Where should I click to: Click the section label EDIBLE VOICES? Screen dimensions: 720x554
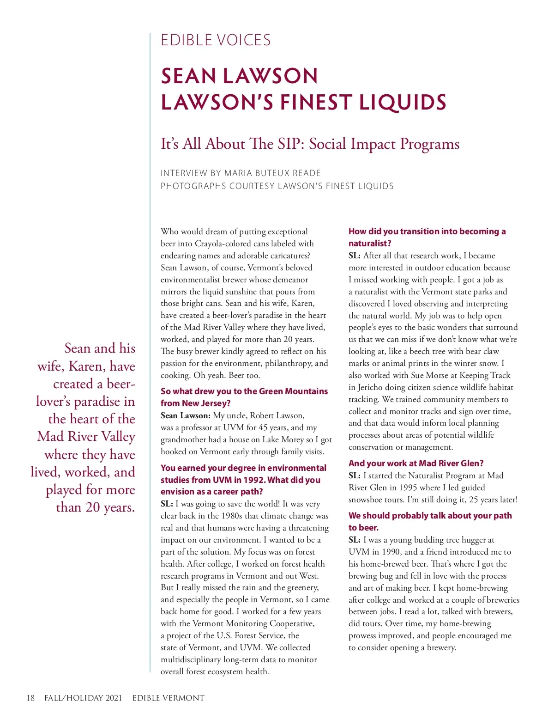216,40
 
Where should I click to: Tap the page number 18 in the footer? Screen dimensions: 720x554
30,698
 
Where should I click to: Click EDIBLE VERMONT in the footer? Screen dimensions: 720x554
168,698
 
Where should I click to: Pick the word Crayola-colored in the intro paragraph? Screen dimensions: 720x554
224,244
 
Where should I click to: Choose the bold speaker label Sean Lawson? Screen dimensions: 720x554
186,415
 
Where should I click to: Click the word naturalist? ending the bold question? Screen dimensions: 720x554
370,244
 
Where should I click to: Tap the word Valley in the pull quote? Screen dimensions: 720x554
118,437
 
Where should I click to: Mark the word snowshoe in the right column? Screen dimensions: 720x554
365,500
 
